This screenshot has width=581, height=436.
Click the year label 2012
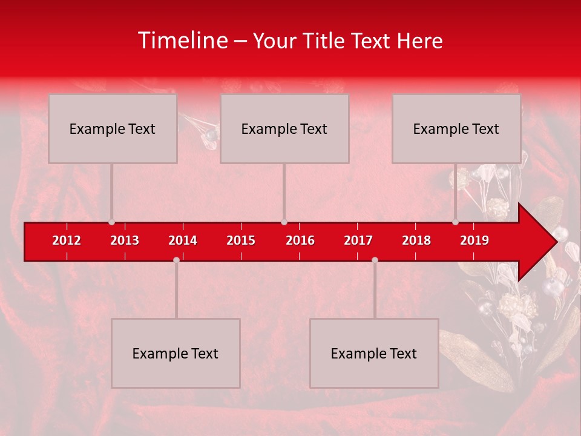[67, 240]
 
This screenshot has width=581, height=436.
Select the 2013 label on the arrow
[125, 240]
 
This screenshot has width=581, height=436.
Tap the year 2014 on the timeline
[183, 240]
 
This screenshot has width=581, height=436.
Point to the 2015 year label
[241, 240]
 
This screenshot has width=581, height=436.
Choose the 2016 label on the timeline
[300, 240]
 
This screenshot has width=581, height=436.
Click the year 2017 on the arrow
[358, 240]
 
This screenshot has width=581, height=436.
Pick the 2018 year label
[416, 240]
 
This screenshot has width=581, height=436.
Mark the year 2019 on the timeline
[474, 240]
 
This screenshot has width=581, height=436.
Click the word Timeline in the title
[182, 41]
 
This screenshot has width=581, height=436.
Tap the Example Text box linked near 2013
[113, 128]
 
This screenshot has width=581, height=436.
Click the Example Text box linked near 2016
[284, 128]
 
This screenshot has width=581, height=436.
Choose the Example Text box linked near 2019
[456, 128]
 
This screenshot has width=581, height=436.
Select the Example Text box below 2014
[176, 353]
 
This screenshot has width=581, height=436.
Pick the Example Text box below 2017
[374, 353]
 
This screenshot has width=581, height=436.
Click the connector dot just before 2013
[111, 222]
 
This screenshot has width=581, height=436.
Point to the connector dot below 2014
[176, 260]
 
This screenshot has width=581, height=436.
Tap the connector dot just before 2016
[284, 222]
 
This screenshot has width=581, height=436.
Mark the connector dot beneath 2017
[375, 260]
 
